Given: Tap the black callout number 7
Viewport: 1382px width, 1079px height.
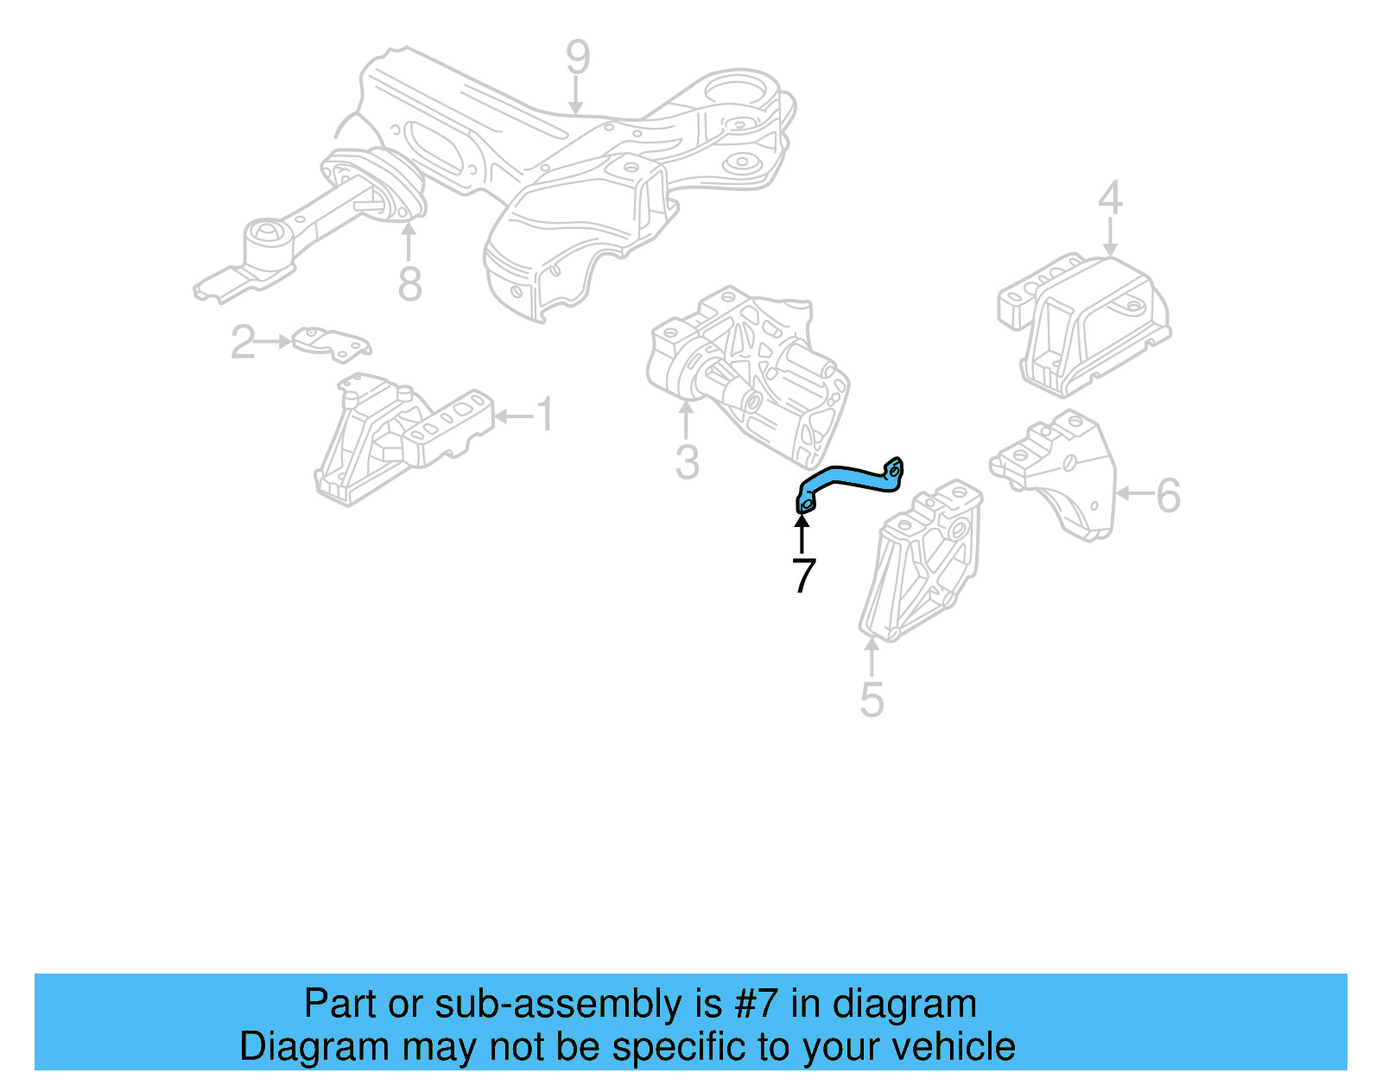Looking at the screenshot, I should (x=803, y=576).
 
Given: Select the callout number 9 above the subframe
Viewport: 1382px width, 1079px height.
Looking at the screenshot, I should (x=578, y=58).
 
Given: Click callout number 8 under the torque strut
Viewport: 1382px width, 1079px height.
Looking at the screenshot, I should (x=409, y=283).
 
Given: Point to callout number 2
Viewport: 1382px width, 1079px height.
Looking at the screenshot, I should (x=243, y=342).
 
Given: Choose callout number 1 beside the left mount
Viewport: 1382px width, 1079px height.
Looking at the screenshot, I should (x=544, y=416).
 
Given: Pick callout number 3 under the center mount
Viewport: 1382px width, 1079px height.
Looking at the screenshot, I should (x=687, y=462).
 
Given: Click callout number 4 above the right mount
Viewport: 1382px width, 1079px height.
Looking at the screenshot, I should (x=1110, y=198).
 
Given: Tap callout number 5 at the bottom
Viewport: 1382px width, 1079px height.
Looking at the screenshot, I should (x=872, y=699).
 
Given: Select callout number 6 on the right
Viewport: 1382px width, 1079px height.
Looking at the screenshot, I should (x=1168, y=496).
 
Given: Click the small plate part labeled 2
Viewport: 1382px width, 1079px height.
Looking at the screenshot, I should (x=331, y=342).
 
